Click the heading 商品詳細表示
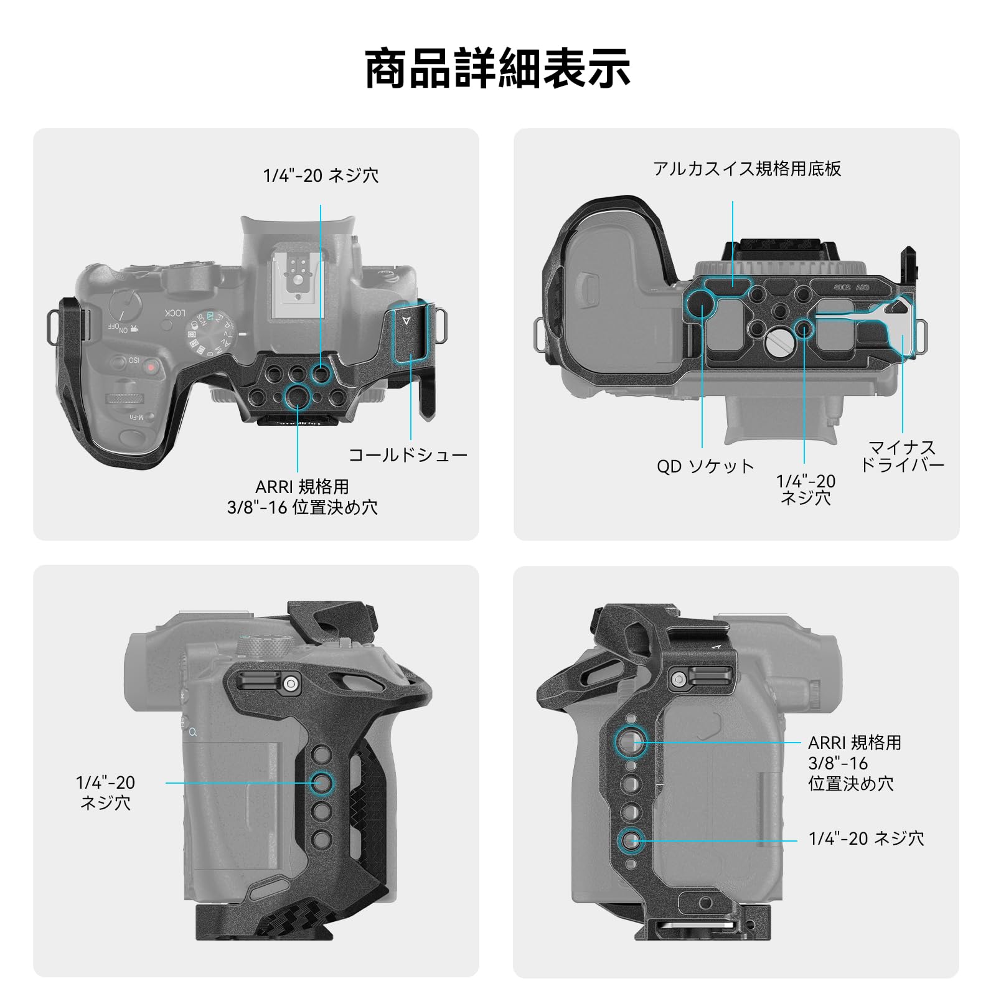(x=497, y=68)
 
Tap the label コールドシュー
(x=408, y=455)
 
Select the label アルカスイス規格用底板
(x=747, y=169)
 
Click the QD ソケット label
(x=705, y=466)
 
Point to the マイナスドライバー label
(x=902, y=456)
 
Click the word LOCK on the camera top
(x=175, y=312)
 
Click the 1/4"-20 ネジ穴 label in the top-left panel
(x=321, y=176)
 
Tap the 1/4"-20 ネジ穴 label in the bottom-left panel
(x=105, y=792)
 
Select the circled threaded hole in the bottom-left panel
(x=322, y=782)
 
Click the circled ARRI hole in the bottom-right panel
(x=631, y=741)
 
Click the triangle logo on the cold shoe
(x=406, y=321)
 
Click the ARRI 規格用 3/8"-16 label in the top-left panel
(x=303, y=497)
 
